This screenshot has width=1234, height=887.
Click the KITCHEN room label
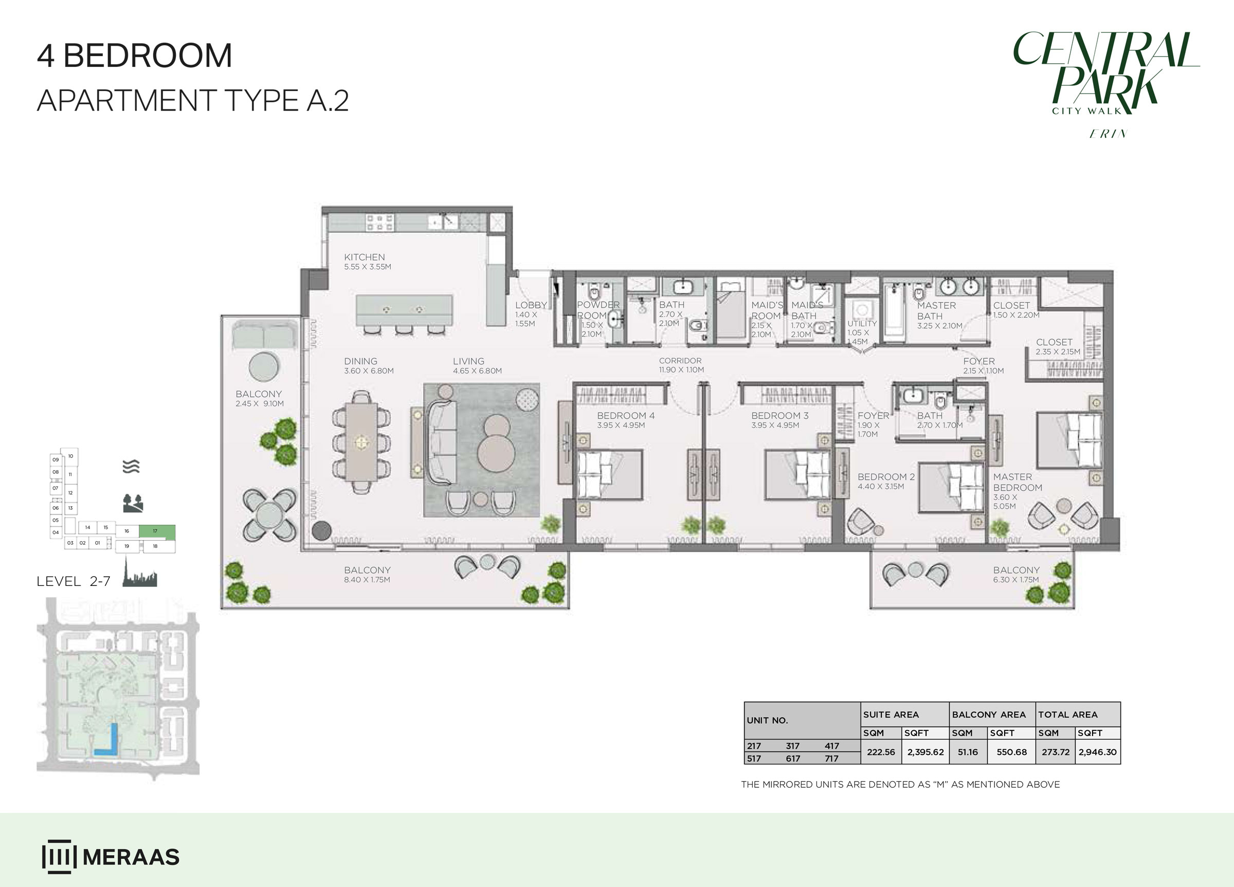click(x=364, y=257)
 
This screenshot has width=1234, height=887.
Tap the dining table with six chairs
click(x=361, y=442)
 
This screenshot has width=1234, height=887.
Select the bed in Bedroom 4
click(x=609, y=474)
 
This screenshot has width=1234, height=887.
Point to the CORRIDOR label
click(x=680, y=361)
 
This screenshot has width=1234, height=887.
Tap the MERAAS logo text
click(x=131, y=857)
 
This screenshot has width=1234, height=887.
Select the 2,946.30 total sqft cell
click(x=1097, y=752)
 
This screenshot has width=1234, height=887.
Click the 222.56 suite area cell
click(x=881, y=752)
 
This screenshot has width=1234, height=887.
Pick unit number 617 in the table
click(x=793, y=759)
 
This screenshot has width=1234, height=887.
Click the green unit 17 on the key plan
click(x=157, y=532)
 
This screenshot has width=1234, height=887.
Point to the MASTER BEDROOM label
click(x=1018, y=483)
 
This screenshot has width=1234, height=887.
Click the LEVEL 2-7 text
click(x=74, y=581)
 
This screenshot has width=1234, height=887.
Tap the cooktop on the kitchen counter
click(x=380, y=223)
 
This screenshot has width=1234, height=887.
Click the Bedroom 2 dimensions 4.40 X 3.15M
click(x=881, y=487)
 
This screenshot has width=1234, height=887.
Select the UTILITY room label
click(x=862, y=324)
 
